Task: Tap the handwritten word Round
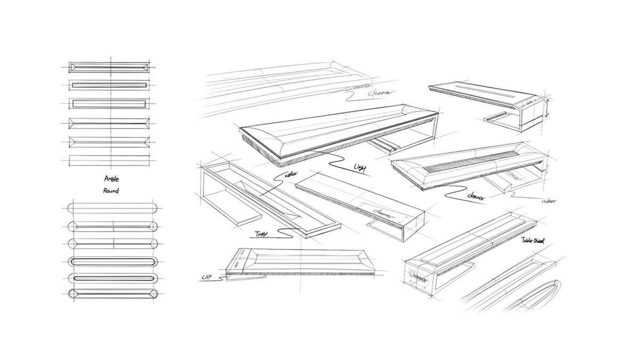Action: point(111,190)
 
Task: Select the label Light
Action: point(360,168)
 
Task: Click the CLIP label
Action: point(207,278)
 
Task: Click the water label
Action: point(292,174)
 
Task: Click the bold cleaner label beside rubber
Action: point(476,197)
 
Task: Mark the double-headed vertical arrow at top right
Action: point(546,107)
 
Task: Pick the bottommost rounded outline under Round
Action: point(113,294)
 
